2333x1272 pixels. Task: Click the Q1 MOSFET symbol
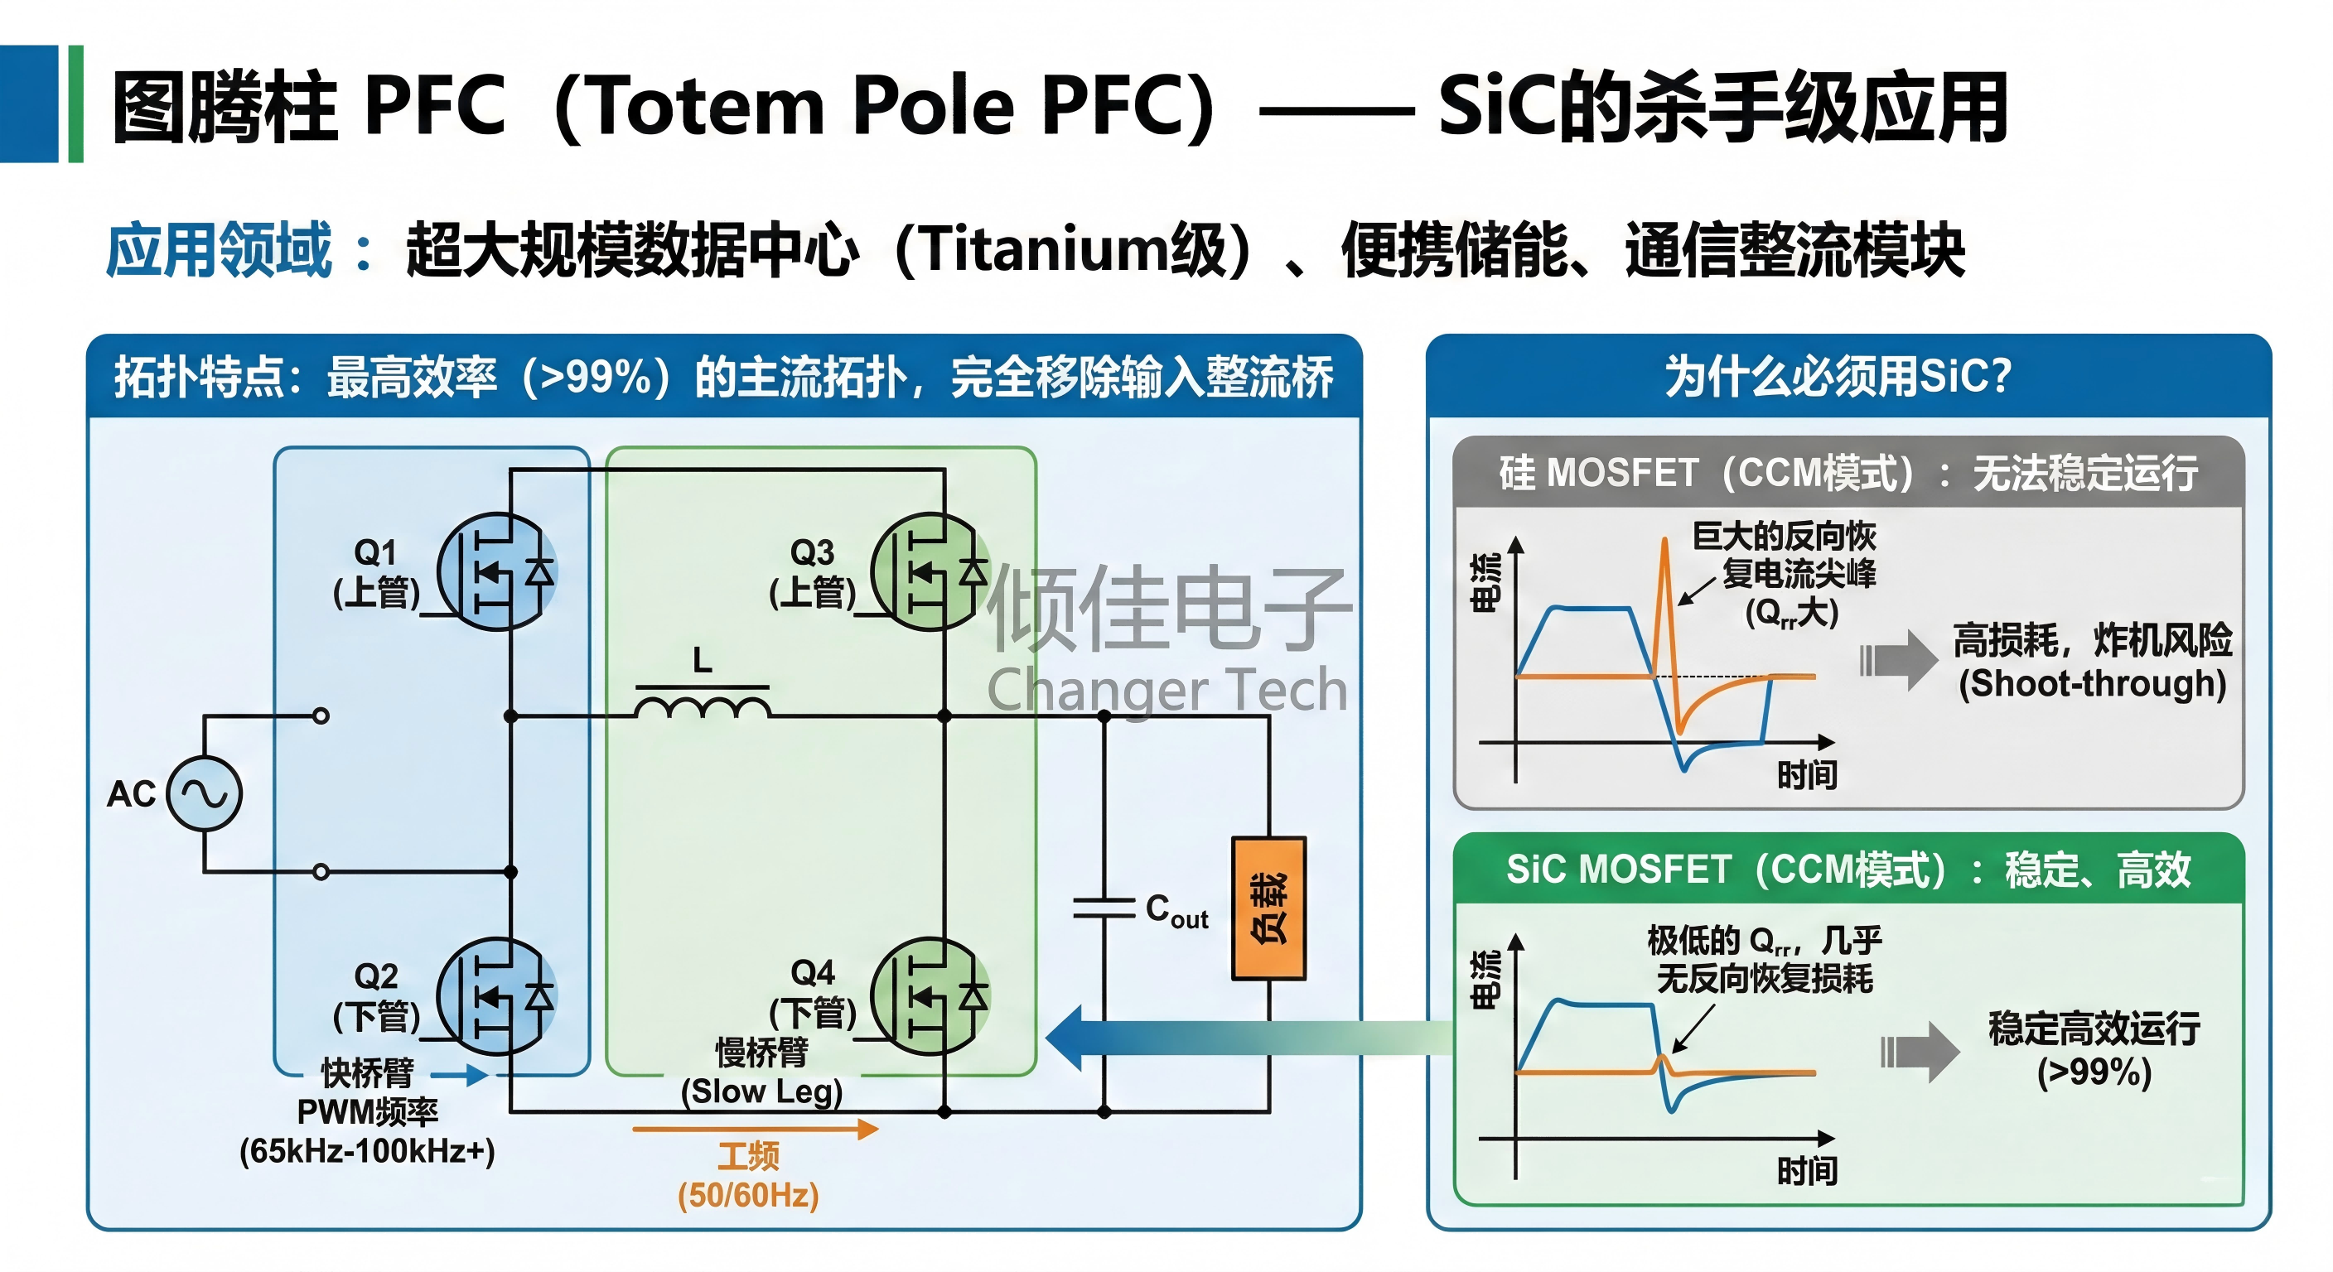pyautogui.click(x=497, y=571)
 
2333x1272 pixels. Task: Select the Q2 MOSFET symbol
pyautogui.click(x=497, y=996)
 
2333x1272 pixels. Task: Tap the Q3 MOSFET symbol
pyautogui.click(x=931, y=571)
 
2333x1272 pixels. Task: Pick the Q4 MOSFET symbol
pyautogui.click(x=931, y=996)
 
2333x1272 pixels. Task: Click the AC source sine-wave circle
pyautogui.click(x=205, y=794)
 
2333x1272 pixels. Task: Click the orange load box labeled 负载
pyautogui.click(x=1269, y=908)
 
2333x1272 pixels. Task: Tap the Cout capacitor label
pyautogui.click(x=1176, y=911)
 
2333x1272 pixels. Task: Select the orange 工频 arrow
pyautogui.click(x=756, y=1129)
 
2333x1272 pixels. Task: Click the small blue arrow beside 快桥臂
pyautogui.click(x=460, y=1075)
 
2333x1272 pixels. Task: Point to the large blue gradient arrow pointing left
pyautogui.click(x=1250, y=1038)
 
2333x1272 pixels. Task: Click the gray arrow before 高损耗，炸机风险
pyautogui.click(x=1898, y=660)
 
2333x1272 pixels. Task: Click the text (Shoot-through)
pyautogui.click(x=2092, y=683)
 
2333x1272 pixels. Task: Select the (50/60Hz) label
pyautogui.click(x=748, y=1195)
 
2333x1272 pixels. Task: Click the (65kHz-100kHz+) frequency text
pyautogui.click(x=367, y=1152)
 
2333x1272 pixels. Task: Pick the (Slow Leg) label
pyautogui.click(x=761, y=1091)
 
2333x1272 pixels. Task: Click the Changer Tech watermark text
pyautogui.click(x=1167, y=691)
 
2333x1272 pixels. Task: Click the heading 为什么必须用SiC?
pyautogui.click(x=1838, y=376)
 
